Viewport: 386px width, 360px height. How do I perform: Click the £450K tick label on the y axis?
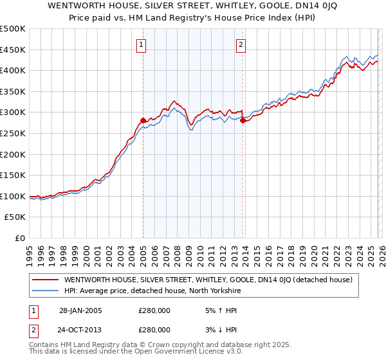[13, 50]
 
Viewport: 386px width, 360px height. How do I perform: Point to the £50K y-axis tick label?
[15, 217]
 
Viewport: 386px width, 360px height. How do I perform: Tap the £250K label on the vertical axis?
[13, 133]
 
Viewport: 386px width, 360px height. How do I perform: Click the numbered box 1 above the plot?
[141, 45]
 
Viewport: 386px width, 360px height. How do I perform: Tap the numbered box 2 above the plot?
[241, 45]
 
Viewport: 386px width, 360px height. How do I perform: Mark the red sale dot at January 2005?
[143, 121]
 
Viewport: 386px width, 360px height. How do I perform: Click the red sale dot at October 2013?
[243, 121]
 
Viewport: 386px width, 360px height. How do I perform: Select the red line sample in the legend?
[46, 280]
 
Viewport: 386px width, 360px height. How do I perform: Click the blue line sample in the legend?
[46, 291]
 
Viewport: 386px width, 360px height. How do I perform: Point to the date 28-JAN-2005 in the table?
[80, 310]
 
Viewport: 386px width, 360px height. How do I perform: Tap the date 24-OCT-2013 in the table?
[80, 329]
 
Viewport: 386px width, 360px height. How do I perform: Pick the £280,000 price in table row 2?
[154, 329]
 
